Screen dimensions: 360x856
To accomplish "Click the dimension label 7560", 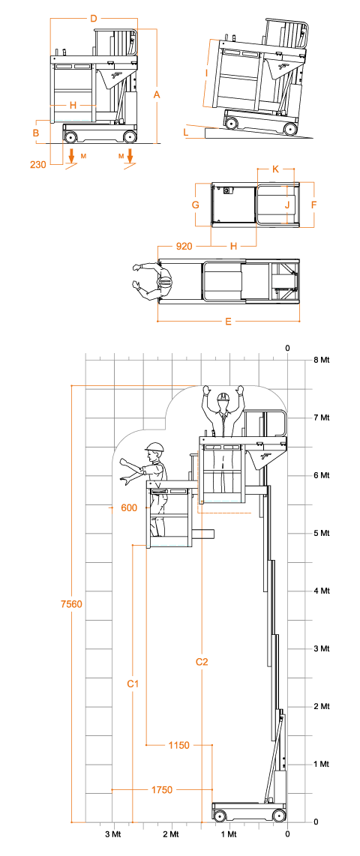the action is tap(71, 604).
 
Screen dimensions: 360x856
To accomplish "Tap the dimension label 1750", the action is tap(162, 789).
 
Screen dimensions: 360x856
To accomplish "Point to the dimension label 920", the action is tap(184, 246).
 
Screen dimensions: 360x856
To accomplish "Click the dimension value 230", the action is tap(37, 163).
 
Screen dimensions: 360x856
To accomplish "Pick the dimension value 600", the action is tap(129, 507).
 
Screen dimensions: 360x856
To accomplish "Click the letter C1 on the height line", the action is tap(133, 683).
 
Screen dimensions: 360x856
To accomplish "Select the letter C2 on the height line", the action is tap(202, 662).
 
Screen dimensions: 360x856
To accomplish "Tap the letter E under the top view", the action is tap(228, 322).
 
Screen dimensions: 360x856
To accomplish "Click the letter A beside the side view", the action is tap(157, 94).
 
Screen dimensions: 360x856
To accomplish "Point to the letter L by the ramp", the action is tap(186, 132).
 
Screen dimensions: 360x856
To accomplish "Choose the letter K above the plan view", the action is tap(276, 169).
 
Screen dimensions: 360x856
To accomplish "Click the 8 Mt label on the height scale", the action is tap(321, 360).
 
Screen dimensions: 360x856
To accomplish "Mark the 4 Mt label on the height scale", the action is tap(321, 591).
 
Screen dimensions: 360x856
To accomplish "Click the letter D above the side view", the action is tap(94, 19).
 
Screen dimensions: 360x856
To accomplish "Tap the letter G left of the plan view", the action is tap(195, 205).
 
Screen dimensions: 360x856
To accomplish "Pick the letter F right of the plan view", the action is tap(313, 205).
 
